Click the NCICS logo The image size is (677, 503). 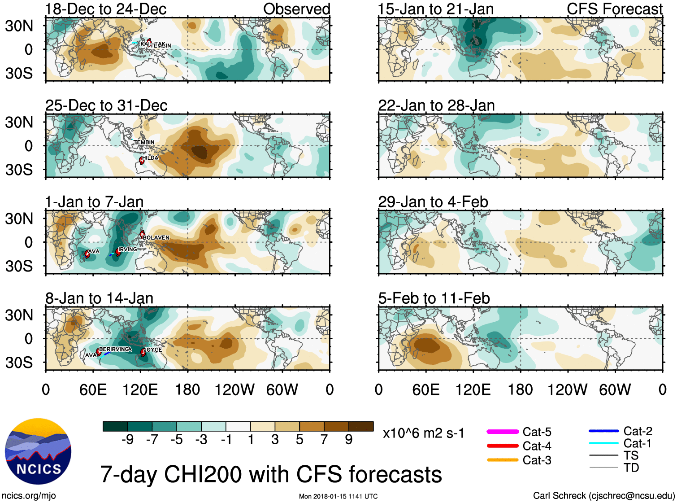point(38,451)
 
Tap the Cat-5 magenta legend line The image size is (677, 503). point(502,432)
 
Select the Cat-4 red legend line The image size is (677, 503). point(502,446)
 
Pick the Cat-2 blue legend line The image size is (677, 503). point(603,431)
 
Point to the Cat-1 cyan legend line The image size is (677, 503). point(603,443)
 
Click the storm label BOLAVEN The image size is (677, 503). point(156,237)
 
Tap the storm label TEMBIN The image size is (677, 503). point(144,142)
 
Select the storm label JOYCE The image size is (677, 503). point(153,350)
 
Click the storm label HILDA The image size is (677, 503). point(151,157)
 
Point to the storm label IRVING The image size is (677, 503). point(128,249)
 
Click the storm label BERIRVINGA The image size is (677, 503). point(116,349)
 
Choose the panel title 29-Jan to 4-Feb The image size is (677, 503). point(433,202)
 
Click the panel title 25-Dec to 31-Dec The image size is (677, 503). point(106,105)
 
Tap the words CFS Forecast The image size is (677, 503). point(614,9)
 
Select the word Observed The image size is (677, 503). point(296,9)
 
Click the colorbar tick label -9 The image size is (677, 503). point(127,439)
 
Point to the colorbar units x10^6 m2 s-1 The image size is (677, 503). point(423,433)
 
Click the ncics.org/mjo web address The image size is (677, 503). point(29,495)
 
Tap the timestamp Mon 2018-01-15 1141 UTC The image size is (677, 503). point(338,496)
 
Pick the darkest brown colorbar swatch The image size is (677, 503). point(361,426)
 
